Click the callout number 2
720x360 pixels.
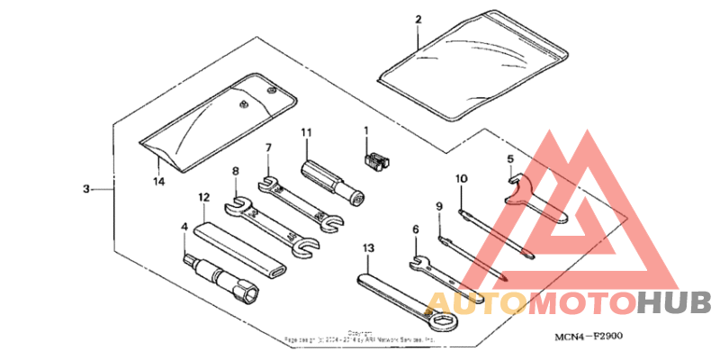pyautogui.click(x=418, y=19)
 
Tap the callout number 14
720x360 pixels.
pyautogui.click(x=158, y=181)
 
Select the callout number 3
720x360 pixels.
pyautogui.click(x=85, y=189)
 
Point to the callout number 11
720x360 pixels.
pyautogui.click(x=306, y=133)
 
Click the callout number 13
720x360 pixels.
pyautogui.click(x=367, y=247)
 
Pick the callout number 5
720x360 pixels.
pyautogui.click(x=509, y=160)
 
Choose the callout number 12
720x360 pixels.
pyautogui.click(x=204, y=196)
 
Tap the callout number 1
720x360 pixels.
pyautogui.click(x=366, y=130)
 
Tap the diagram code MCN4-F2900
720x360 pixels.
pyautogui.click(x=590, y=337)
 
